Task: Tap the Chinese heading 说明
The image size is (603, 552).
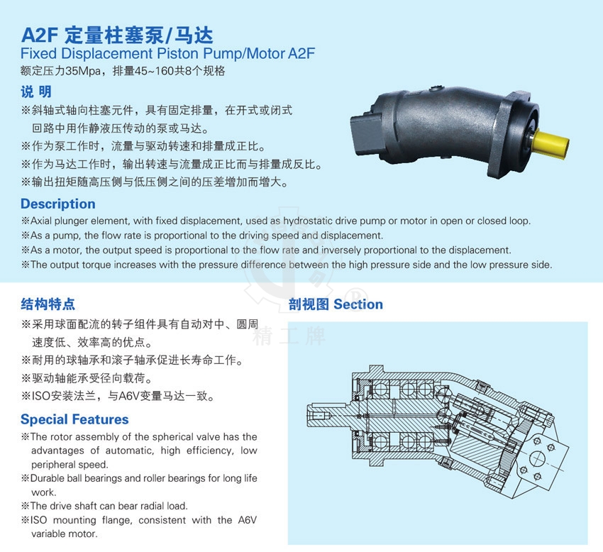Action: point(36,92)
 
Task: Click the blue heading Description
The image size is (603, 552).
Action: point(58,204)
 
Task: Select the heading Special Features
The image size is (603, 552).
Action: point(74,419)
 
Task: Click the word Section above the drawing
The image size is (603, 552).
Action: point(358,304)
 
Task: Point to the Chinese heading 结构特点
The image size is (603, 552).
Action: point(48,304)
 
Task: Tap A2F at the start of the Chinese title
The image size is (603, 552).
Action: point(40,35)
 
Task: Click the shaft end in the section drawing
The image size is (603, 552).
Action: point(319,416)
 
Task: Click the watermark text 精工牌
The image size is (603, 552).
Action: point(289,336)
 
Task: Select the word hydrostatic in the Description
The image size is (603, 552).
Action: point(308,221)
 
